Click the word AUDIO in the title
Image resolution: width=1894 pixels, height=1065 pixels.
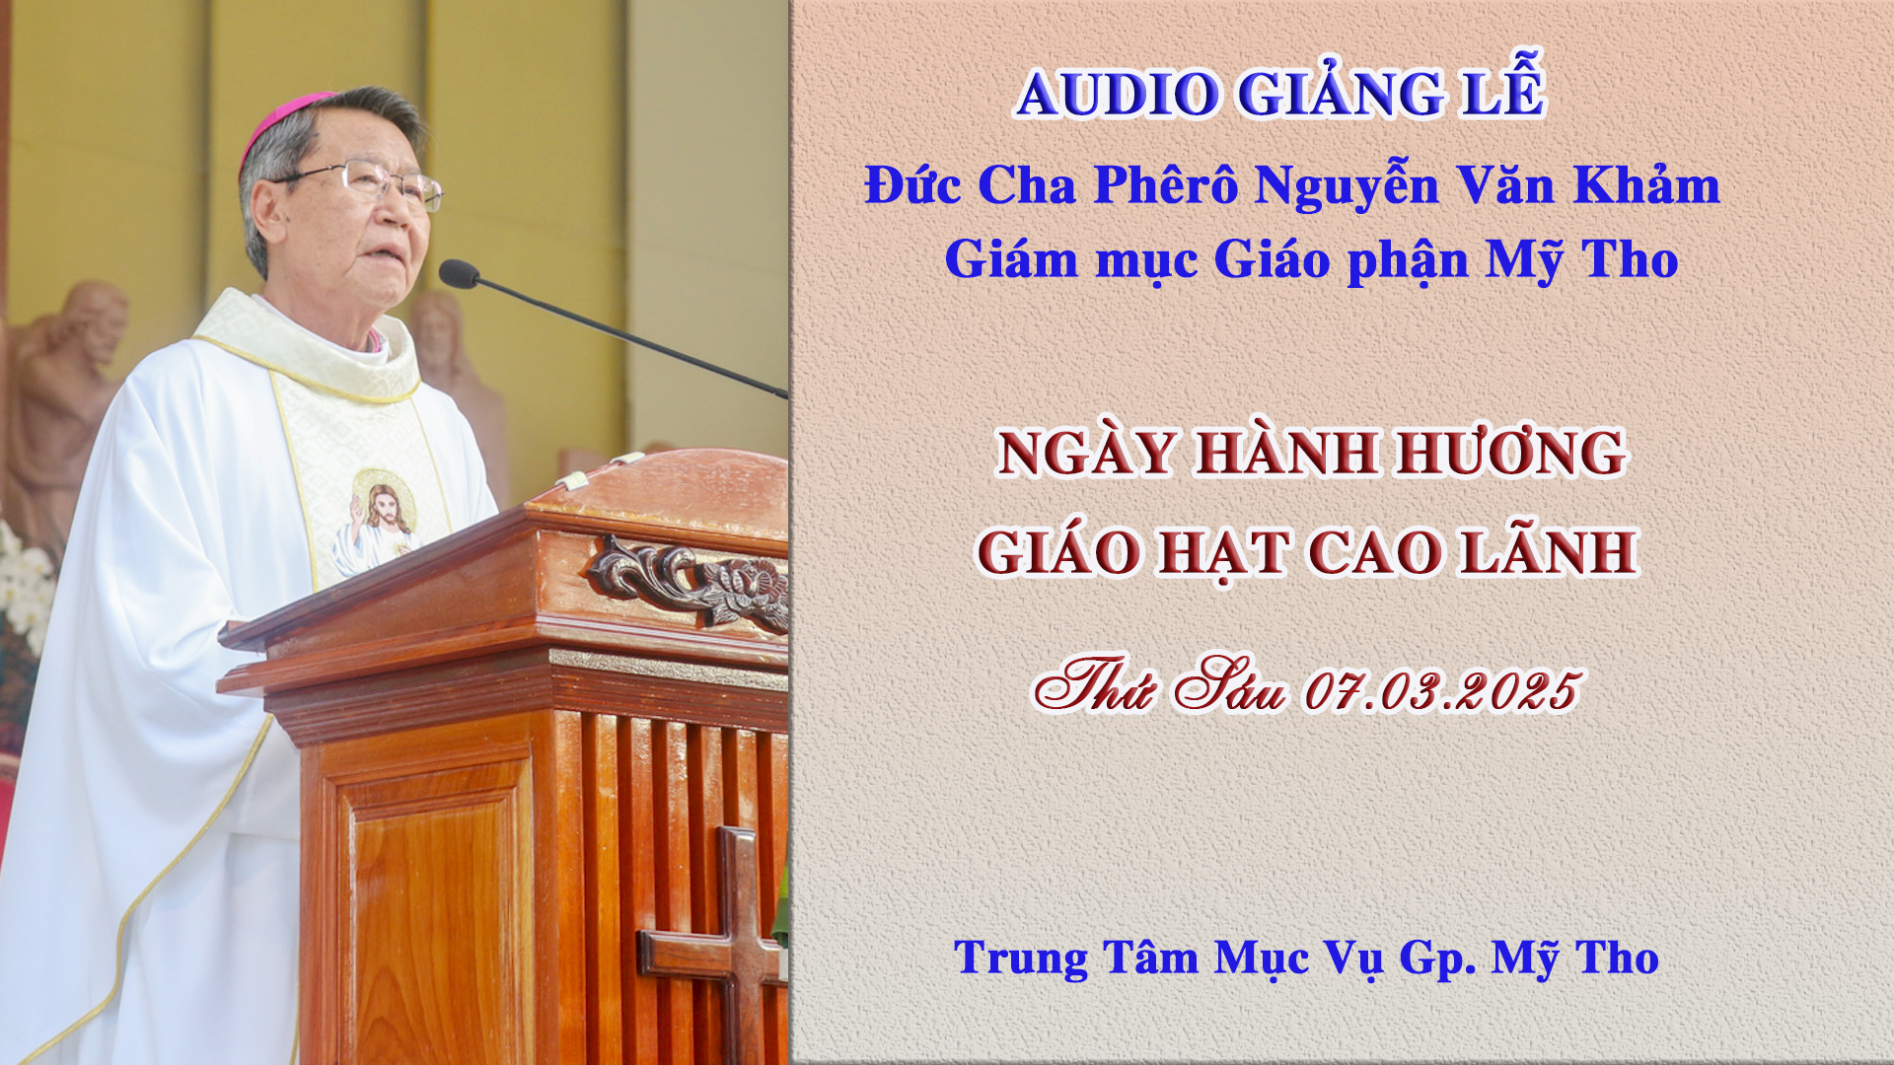[1117, 94]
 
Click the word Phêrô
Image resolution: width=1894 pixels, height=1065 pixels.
[1166, 184]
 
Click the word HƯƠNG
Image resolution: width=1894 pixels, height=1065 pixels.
[1510, 453]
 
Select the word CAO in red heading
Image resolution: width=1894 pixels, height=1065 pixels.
[1375, 551]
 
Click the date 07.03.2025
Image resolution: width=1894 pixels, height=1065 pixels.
[1443, 690]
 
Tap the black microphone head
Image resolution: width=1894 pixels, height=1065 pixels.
[459, 273]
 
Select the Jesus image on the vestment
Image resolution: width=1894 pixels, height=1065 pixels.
[376, 524]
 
